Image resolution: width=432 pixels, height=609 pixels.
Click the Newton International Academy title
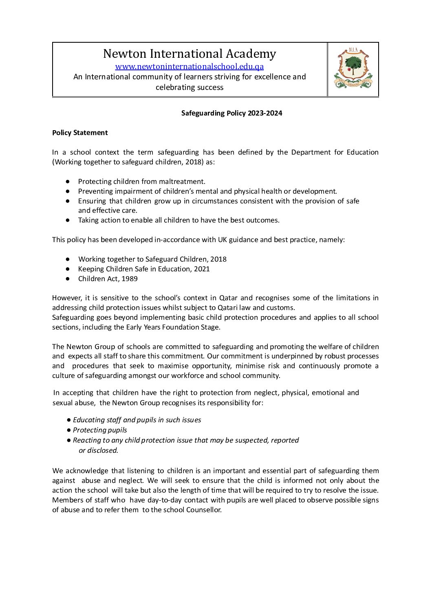[190, 54]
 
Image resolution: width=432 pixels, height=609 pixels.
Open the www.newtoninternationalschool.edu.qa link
[190, 66]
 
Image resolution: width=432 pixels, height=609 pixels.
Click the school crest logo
[353, 69]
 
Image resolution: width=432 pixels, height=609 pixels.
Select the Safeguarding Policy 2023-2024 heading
[231, 113]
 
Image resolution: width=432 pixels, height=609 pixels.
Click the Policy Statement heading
[80, 133]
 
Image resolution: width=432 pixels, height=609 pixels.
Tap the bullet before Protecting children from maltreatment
[68, 181]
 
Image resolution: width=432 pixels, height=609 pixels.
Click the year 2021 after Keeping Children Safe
[202, 269]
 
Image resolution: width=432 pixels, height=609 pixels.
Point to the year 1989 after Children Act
[130, 279]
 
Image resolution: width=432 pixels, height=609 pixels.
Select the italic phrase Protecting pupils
[100, 430]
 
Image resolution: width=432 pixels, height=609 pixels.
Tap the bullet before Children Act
[68, 279]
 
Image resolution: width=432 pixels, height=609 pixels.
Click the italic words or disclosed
[98, 450]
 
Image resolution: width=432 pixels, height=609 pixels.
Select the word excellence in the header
[273, 77]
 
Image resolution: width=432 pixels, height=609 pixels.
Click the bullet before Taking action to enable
[68, 220]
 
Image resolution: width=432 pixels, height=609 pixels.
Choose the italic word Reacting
[86, 440]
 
